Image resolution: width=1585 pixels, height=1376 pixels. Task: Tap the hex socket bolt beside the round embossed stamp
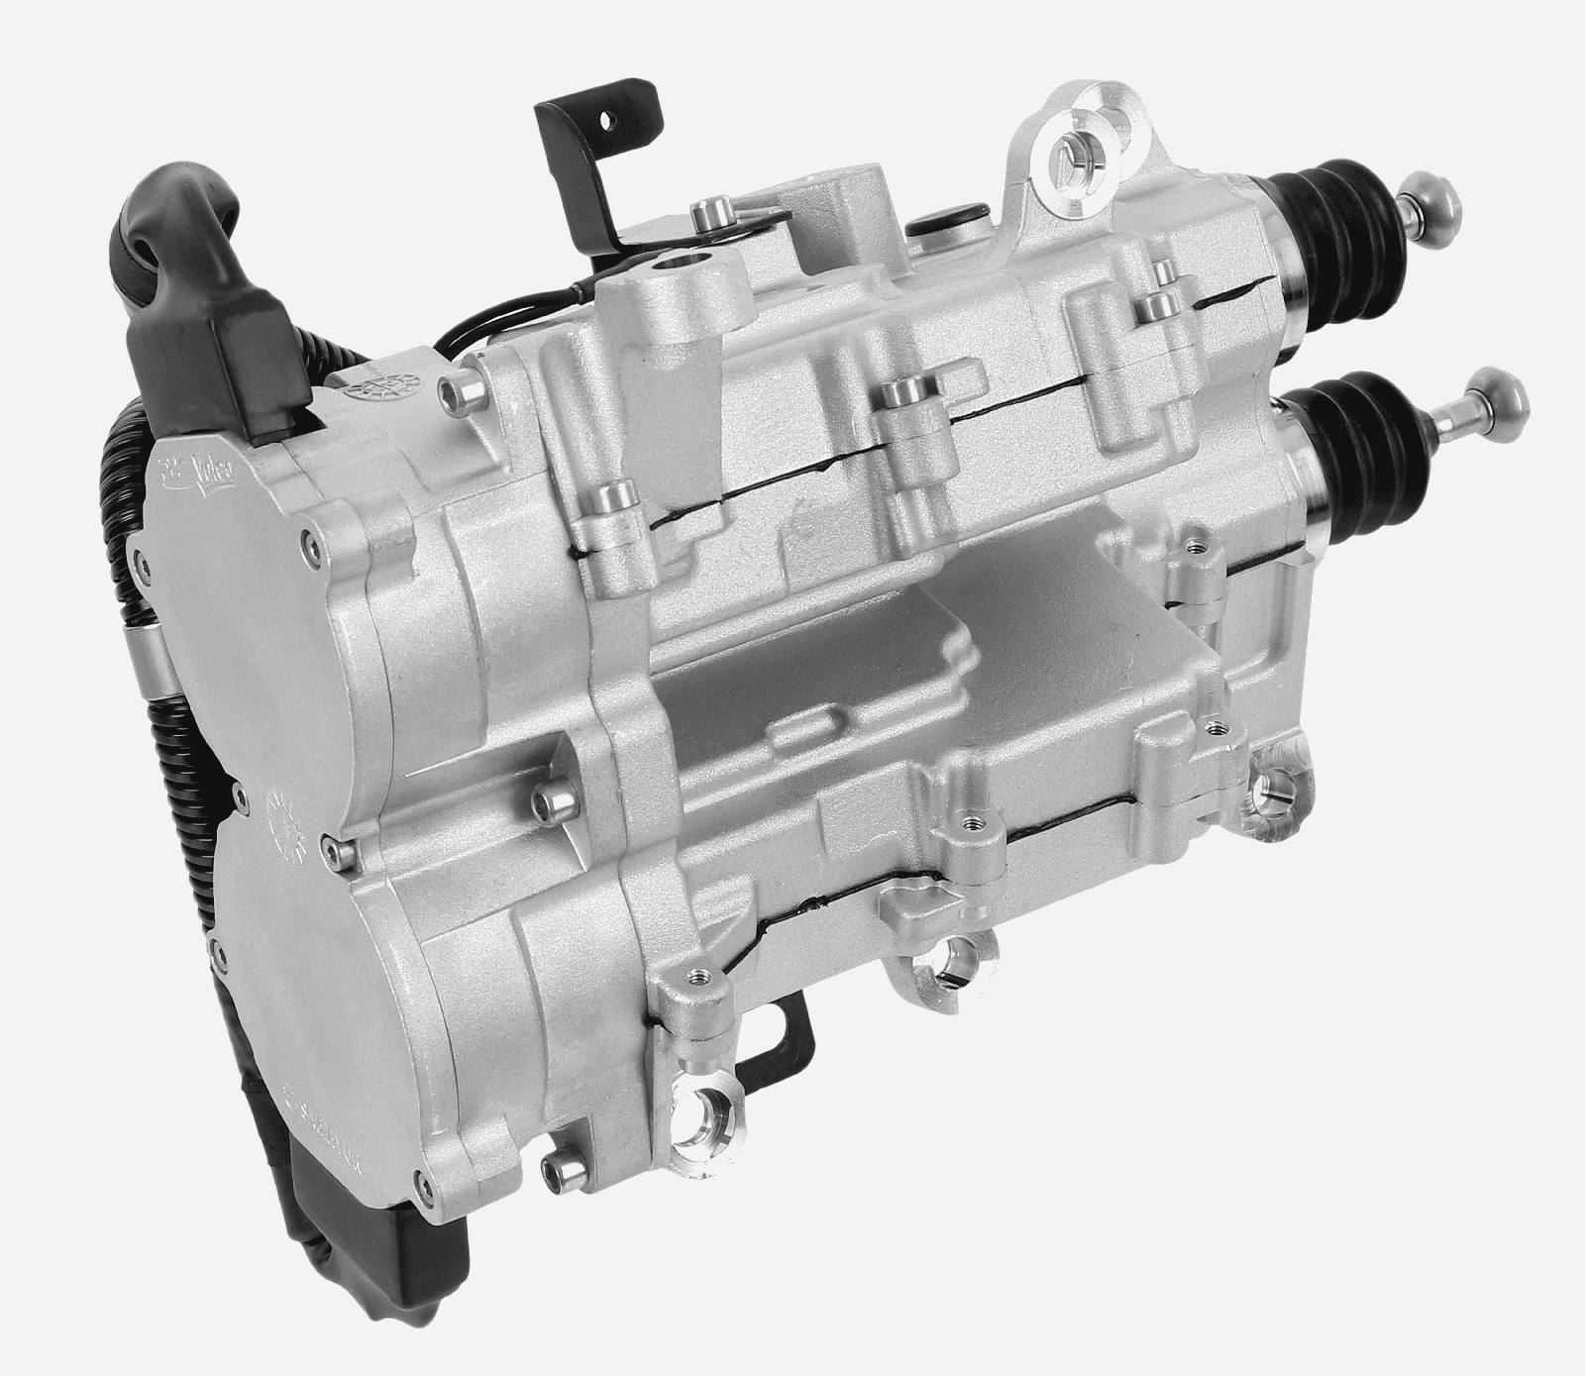click(x=458, y=397)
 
